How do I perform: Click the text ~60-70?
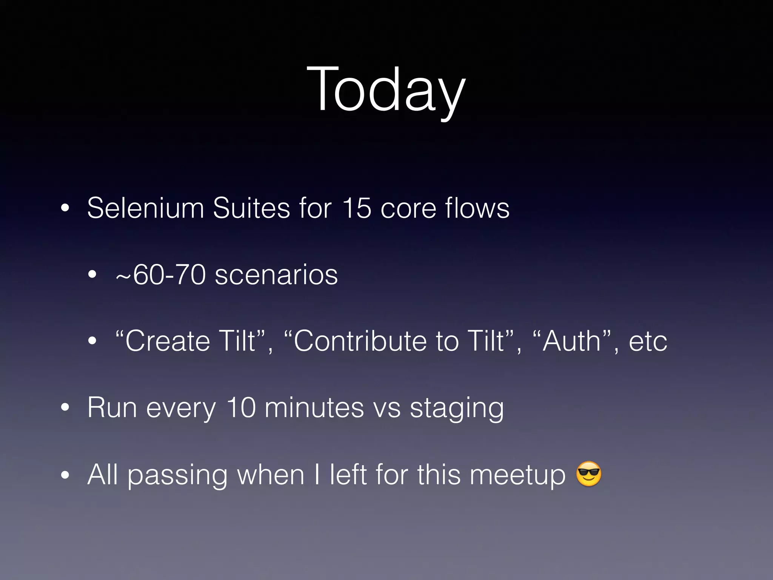[161, 275]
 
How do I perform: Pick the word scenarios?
[276, 275]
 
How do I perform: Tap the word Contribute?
[360, 341]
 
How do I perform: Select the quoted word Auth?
[571, 341]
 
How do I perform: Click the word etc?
[648, 341]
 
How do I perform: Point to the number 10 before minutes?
[241, 408]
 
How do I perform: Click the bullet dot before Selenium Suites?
[65, 208]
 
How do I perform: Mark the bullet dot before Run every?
[65, 408]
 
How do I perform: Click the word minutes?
[314, 408]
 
